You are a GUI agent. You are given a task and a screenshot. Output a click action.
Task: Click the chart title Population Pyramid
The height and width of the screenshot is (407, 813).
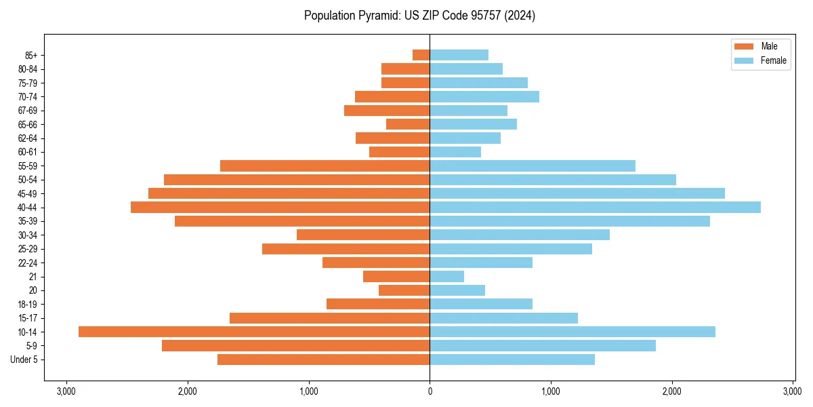(x=419, y=16)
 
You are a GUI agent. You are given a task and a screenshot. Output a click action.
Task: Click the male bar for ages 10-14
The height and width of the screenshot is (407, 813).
(x=254, y=332)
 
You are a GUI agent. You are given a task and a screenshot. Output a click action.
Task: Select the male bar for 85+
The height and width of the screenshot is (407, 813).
(x=421, y=55)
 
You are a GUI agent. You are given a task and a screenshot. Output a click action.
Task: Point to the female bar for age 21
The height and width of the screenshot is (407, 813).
(x=446, y=276)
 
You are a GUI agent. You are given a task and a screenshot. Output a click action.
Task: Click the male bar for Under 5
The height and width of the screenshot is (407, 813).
(x=323, y=360)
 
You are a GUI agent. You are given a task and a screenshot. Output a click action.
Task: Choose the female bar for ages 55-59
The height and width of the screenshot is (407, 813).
(x=533, y=166)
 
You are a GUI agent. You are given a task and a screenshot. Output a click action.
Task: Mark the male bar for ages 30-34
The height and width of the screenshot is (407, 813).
(x=363, y=235)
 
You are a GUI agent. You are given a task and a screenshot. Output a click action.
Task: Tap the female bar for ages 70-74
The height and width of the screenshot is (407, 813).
(x=484, y=96)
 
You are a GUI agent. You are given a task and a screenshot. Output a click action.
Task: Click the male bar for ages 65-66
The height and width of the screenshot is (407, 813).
(x=408, y=124)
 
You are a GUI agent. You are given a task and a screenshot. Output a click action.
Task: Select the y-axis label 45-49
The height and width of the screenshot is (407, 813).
(x=28, y=193)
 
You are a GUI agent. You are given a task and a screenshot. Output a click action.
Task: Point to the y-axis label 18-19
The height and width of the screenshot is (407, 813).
(x=28, y=304)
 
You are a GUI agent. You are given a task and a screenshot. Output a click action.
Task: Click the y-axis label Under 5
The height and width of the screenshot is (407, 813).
(x=24, y=360)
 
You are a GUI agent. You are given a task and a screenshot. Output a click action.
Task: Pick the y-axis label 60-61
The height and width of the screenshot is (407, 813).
(x=28, y=152)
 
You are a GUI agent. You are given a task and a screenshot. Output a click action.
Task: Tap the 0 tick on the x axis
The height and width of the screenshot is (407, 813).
(x=430, y=391)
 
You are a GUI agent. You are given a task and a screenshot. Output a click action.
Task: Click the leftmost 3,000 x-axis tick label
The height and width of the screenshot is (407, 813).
(x=66, y=391)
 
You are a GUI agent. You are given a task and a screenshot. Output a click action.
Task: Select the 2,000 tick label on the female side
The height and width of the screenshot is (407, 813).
(x=672, y=391)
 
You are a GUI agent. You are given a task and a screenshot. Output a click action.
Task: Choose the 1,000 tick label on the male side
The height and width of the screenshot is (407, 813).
(x=308, y=391)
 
